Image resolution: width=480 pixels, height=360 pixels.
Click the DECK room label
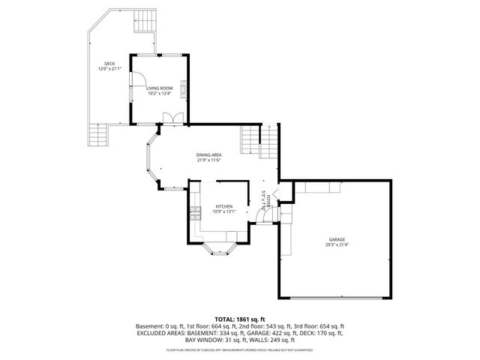point(109,64)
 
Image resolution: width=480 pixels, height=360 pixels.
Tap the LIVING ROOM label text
point(159,88)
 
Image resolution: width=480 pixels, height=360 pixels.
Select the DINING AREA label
point(208,154)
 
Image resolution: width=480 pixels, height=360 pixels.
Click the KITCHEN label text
point(224,206)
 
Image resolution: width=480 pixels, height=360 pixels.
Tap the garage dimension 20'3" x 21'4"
point(337,244)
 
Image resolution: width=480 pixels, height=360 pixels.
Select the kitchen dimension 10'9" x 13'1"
point(224,211)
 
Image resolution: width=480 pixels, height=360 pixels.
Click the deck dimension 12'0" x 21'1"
point(109,70)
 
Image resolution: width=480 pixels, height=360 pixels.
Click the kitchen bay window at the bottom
point(220,250)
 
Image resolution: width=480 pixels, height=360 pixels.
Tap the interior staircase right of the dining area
point(259,142)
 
